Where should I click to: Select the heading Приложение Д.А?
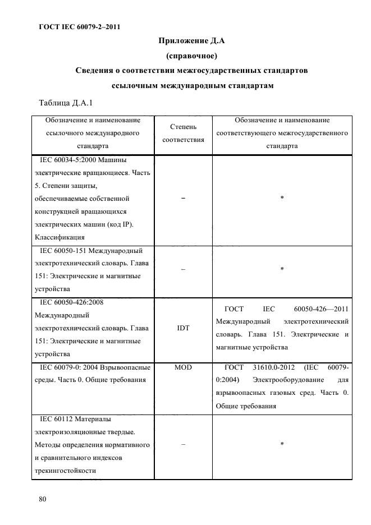pos(192,41)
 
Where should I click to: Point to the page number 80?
pos(42,499)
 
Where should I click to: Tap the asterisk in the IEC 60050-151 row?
pos(282,269)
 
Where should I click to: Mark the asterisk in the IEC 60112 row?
pos(282,444)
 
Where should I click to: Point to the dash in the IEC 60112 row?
pos(183,444)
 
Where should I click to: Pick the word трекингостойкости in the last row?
pos(66,471)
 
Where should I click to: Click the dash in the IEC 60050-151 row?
pos(183,269)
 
